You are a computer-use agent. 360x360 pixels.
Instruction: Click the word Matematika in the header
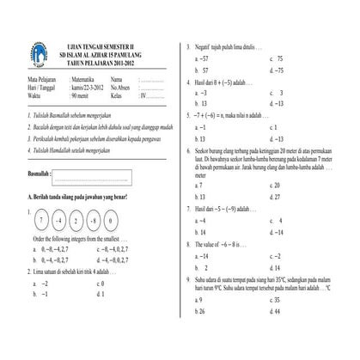coord(83,79)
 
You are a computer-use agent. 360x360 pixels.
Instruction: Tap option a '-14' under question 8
coord(203,256)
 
